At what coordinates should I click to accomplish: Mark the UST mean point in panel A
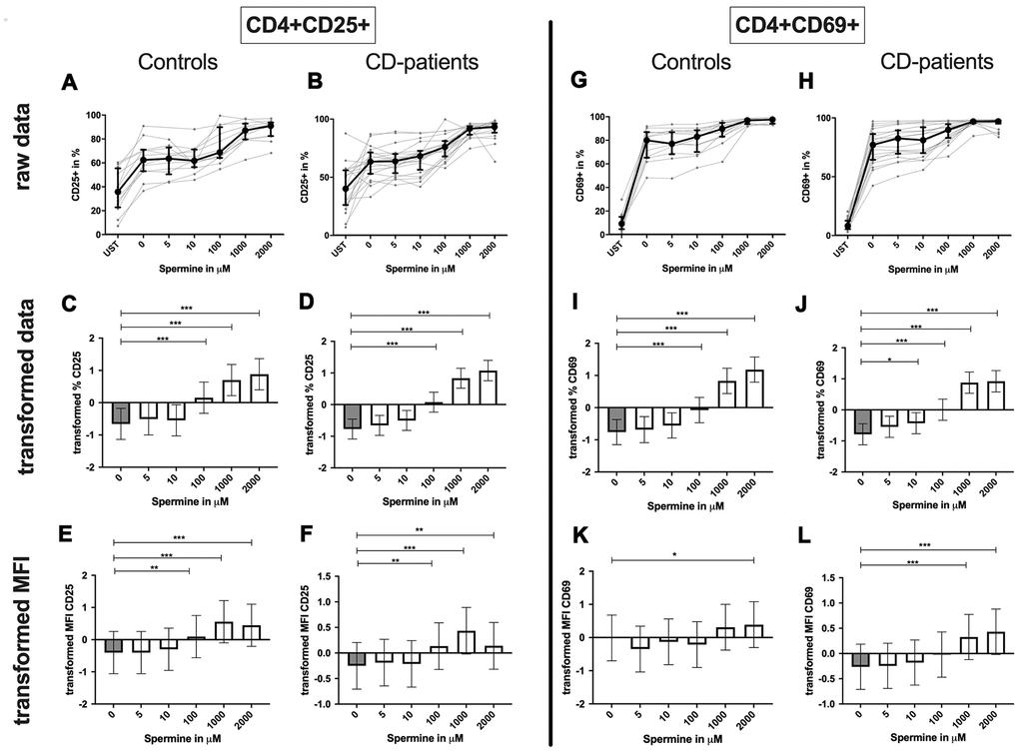120,192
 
